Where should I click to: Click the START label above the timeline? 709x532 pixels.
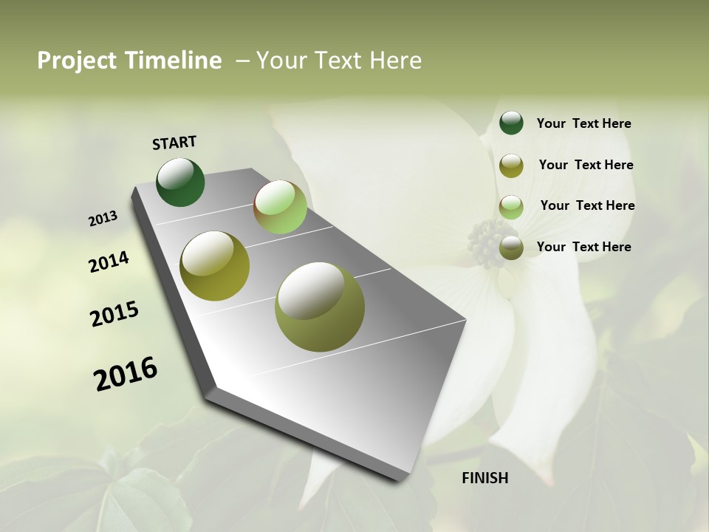tap(174, 143)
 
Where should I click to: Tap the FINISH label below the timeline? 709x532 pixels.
tap(484, 478)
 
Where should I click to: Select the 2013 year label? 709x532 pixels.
tap(103, 219)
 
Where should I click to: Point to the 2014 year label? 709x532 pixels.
tap(109, 262)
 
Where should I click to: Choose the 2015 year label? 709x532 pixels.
tap(114, 314)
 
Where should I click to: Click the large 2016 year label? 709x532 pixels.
tap(126, 374)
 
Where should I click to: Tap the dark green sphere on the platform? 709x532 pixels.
tap(180, 182)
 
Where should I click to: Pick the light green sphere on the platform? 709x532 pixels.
tap(280, 207)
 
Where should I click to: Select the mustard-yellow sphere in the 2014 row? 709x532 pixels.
tap(214, 265)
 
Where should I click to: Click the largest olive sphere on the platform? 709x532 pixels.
tap(320, 307)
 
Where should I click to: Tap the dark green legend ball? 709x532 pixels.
tap(511, 123)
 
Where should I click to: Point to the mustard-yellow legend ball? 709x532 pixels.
tap(511, 166)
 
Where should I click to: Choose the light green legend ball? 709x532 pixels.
tap(511, 207)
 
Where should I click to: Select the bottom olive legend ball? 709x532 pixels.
tap(511, 248)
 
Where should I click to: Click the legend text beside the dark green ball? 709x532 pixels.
tap(583, 123)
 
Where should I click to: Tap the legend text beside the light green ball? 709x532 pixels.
tap(587, 205)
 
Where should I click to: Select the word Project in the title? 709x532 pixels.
tap(77, 61)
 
